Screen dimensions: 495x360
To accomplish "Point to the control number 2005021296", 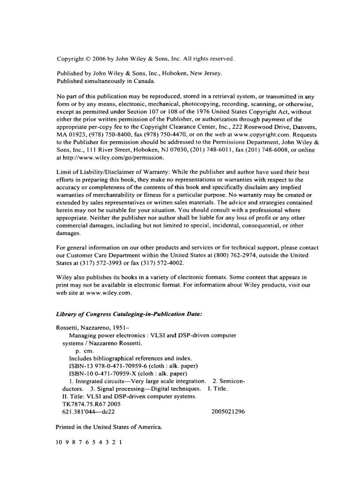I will pos(228,411).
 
